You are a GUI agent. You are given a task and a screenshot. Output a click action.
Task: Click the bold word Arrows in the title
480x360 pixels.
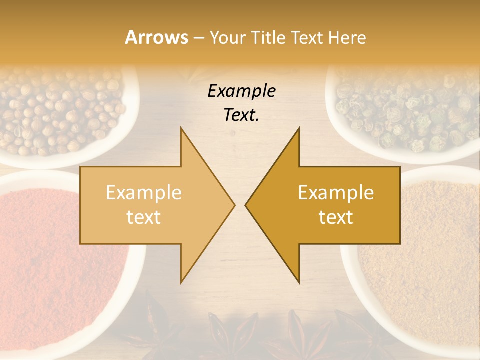point(156,37)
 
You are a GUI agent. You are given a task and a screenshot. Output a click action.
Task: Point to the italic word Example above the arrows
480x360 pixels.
point(241,91)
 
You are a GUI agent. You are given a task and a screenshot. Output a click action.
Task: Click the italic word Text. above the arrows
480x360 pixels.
point(241,115)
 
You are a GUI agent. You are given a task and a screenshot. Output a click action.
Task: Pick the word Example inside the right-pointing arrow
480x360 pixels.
point(143,192)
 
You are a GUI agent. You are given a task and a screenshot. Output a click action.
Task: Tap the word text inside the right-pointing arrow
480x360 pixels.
point(143,217)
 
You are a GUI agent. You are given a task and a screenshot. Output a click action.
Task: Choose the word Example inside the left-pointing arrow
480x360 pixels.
point(336,192)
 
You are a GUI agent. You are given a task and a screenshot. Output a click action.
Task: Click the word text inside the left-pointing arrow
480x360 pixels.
point(336,217)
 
